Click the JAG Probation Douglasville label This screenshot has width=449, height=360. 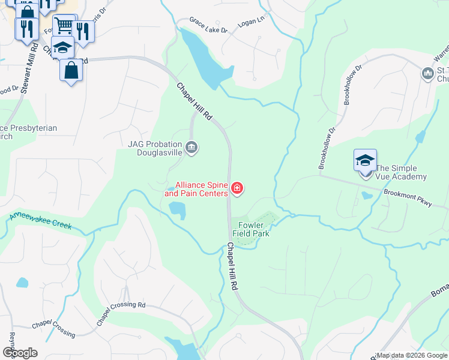(x=156, y=148)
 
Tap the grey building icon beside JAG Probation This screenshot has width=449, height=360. (x=191, y=148)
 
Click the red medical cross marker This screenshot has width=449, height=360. (x=237, y=190)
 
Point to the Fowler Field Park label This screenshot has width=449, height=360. (x=251, y=230)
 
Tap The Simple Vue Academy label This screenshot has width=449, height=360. (x=401, y=173)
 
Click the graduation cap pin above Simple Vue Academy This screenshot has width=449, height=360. (x=365, y=160)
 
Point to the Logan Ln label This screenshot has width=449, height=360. (x=252, y=20)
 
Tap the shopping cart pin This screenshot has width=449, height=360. (x=64, y=25)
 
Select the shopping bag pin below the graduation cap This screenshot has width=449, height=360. (x=71, y=70)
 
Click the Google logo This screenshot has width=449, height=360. (x=20, y=353)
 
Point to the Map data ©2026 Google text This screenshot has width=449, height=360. (x=412, y=355)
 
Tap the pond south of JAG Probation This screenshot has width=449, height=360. (x=177, y=209)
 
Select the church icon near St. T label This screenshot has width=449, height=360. (x=428, y=74)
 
